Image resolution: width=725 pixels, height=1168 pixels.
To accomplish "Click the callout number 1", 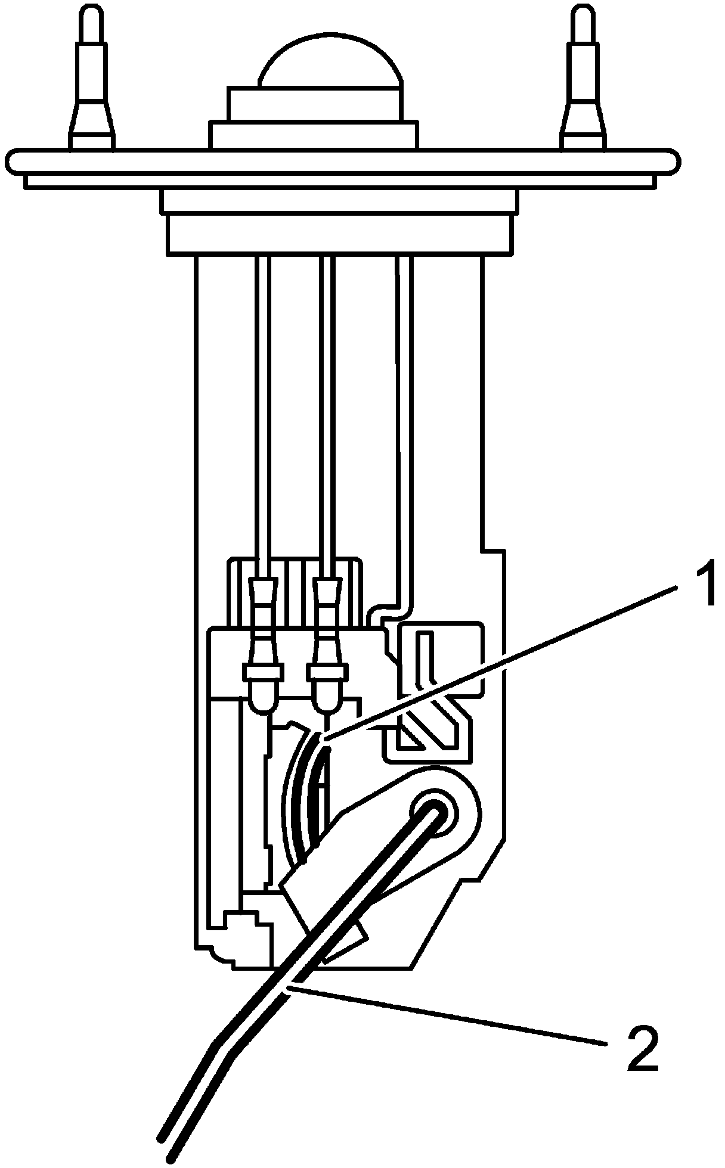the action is tap(701, 586).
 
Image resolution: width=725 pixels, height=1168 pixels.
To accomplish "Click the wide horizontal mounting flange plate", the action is tap(345, 161).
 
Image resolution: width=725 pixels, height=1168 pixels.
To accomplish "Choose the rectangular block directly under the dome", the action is tap(313, 104).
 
